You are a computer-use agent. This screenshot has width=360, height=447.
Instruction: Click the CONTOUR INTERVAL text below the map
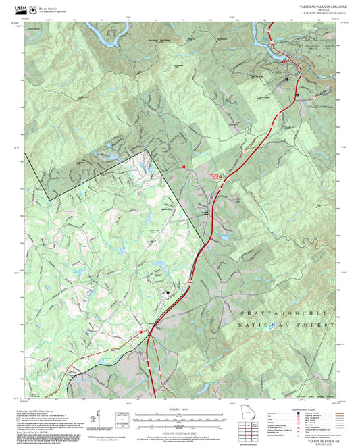coord(180,431)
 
